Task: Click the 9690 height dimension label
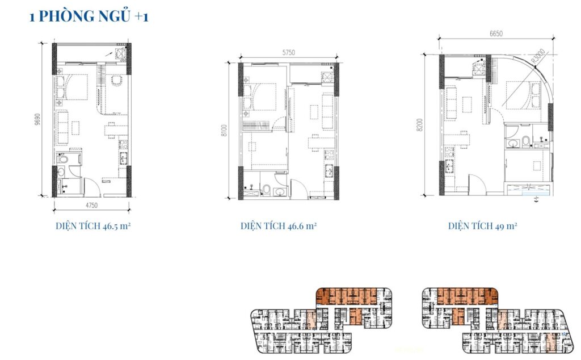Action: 38,119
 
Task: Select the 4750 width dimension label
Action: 91,206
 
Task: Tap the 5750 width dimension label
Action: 289,53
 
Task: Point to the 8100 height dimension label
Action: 224,131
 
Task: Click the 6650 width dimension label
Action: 496,34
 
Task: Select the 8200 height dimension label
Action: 419,124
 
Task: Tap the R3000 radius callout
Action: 538,56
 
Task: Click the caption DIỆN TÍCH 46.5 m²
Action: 93,226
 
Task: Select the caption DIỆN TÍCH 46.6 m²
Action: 278,226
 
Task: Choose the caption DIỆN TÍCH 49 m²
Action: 482,226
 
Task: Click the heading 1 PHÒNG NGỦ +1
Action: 89,16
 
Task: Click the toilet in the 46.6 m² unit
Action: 266,189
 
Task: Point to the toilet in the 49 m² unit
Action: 525,141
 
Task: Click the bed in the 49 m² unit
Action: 523,95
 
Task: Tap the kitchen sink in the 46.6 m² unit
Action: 329,171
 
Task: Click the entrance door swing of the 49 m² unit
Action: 477,183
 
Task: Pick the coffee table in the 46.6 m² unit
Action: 314,112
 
